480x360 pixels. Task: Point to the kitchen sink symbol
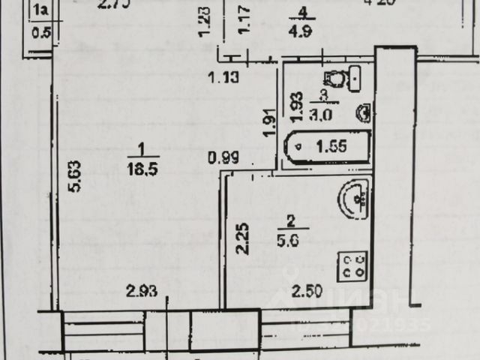point(353,199)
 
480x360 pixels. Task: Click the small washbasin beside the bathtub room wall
point(363,112)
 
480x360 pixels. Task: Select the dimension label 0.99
point(223,158)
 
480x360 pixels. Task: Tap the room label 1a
point(43,10)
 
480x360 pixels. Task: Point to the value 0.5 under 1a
point(43,32)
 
